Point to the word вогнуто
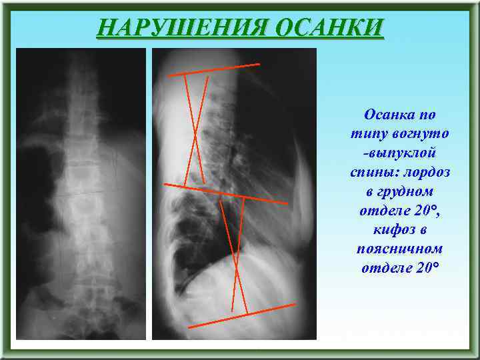pos(424,134)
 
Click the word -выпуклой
pos(399,153)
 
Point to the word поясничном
pos(399,249)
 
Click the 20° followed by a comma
pos(423,211)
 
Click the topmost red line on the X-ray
pos(213,70)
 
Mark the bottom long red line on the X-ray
pos(241,315)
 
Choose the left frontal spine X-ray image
pos(81,193)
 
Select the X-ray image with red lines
pos(233,193)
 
